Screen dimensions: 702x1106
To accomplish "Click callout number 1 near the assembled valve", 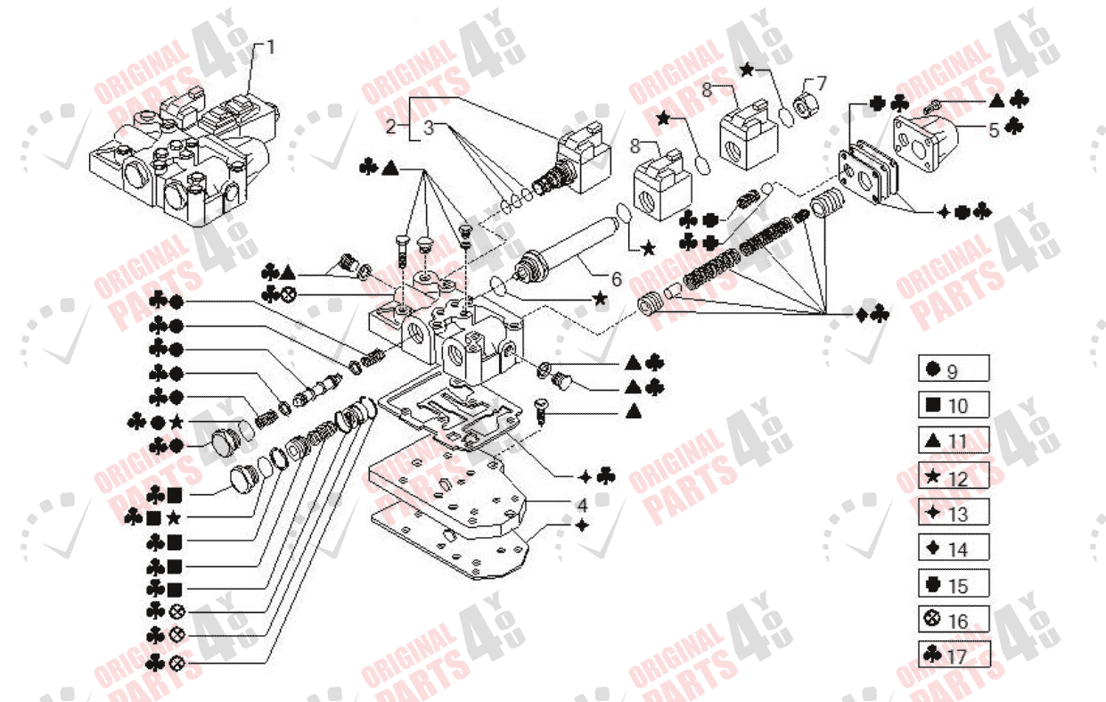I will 271,46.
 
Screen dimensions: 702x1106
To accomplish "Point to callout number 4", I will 581,506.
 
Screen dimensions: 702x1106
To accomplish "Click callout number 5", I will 994,129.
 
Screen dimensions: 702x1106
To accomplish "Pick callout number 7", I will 822,83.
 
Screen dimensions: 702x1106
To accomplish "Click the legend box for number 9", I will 954,368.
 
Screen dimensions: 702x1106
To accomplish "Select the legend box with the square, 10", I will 954,405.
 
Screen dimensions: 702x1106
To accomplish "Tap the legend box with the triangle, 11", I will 954,441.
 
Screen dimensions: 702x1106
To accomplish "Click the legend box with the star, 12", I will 954,477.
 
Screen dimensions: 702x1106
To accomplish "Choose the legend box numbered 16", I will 954,620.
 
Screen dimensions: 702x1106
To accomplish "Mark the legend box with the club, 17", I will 954,656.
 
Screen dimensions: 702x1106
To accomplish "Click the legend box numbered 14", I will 954,549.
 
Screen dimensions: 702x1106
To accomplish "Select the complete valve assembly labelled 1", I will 183,156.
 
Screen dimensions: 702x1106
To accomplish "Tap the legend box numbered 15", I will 954,584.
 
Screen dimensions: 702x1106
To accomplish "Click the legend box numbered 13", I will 954,512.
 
